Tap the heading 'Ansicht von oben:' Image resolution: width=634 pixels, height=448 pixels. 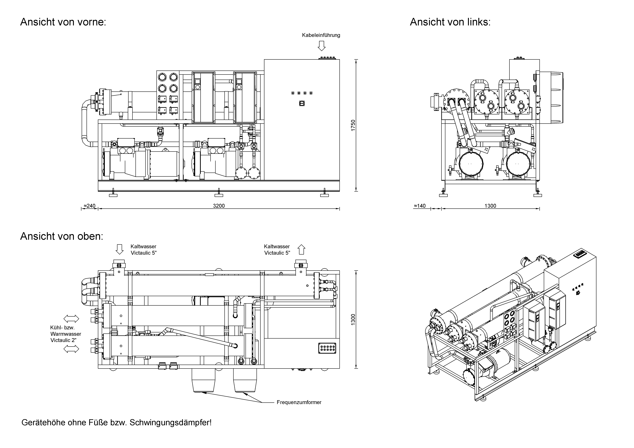(62, 236)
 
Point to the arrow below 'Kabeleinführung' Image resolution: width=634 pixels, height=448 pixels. (321, 46)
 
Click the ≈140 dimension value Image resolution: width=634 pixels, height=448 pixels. (420, 206)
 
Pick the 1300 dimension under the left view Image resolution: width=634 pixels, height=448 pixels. (490, 206)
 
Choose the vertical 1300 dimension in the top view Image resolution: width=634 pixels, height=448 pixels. (353, 319)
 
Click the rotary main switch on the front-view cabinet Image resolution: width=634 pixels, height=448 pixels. (302, 103)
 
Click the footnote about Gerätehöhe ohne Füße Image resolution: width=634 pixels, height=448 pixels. (117, 423)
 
